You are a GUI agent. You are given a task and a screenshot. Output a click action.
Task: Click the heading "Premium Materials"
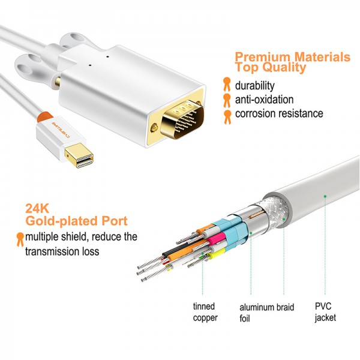tap(292, 57)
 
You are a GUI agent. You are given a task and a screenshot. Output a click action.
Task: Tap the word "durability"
tap(254, 85)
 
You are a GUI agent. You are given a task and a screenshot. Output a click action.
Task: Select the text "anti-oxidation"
tap(264, 100)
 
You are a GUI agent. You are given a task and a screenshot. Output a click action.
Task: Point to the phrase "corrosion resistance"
tap(279, 113)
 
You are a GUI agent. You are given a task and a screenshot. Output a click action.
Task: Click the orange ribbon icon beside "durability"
tap(227, 85)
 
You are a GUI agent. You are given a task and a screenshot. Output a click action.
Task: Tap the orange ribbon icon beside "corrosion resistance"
tap(227, 114)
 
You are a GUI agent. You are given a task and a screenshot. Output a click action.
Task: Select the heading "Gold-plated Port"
tap(68, 221)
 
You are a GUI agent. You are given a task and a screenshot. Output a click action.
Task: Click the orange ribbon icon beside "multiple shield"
tap(20, 238)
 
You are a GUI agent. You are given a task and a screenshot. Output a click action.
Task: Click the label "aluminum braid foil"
tap(267, 313)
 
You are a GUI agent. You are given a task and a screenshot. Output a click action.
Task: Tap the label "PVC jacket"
tap(325, 313)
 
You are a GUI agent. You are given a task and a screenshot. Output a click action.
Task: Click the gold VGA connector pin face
tap(184, 121)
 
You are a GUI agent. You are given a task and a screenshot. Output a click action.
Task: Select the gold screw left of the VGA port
tap(155, 128)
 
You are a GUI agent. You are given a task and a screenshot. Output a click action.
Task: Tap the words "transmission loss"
tap(62, 251)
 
